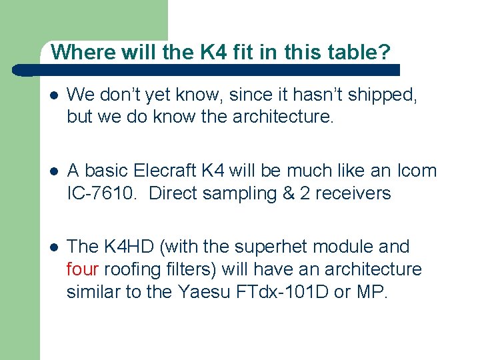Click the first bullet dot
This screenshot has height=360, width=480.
click(x=54, y=96)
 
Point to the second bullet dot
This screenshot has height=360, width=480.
click(x=54, y=171)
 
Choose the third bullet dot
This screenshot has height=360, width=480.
click(x=54, y=247)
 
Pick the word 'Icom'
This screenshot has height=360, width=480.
click(x=418, y=171)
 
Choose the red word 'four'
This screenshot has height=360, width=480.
click(x=83, y=269)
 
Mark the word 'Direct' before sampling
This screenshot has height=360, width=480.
click(x=175, y=193)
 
